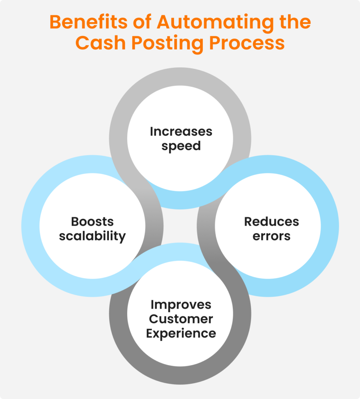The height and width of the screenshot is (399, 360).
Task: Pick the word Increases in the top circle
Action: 181,131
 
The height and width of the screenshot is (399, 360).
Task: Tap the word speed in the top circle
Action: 181,147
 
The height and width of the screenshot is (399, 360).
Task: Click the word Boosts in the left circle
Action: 92,221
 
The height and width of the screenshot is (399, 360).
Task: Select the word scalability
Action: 92,236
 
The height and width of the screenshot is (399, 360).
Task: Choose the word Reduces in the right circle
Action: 271,221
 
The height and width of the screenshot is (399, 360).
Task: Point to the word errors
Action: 271,236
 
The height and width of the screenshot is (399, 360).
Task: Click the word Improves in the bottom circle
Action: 181,304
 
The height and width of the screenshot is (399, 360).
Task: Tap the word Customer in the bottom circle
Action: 181,319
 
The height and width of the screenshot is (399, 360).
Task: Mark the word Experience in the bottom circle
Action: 181,334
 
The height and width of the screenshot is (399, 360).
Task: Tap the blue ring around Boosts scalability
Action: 30,226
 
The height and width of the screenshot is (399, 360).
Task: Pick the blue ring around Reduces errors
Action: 330,226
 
